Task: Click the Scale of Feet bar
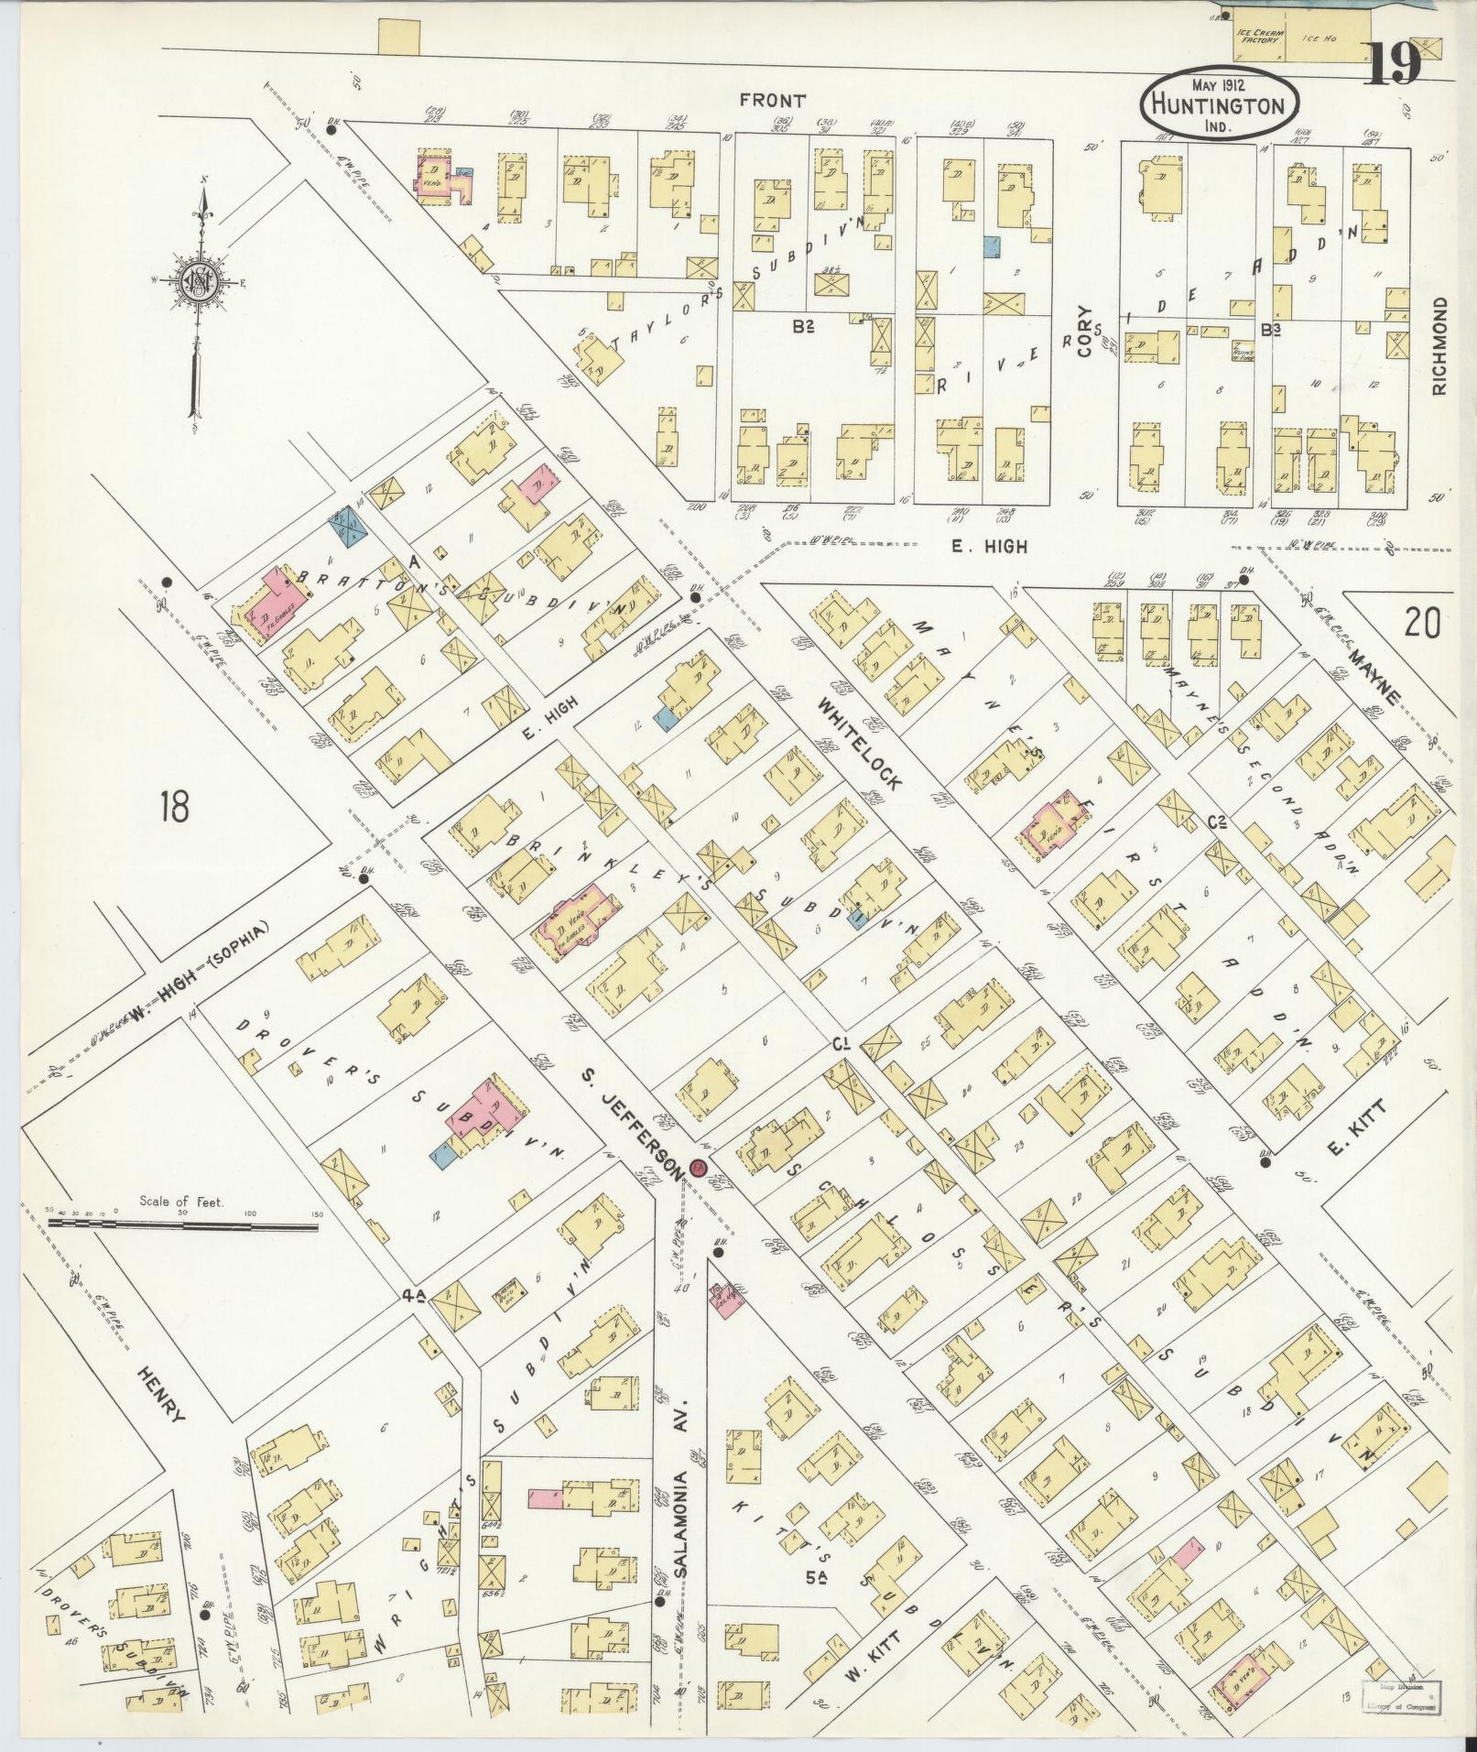[x=183, y=1220]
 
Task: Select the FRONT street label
[x=774, y=101]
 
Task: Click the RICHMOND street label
[x=1440, y=346]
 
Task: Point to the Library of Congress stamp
[x=1402, y=1696]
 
